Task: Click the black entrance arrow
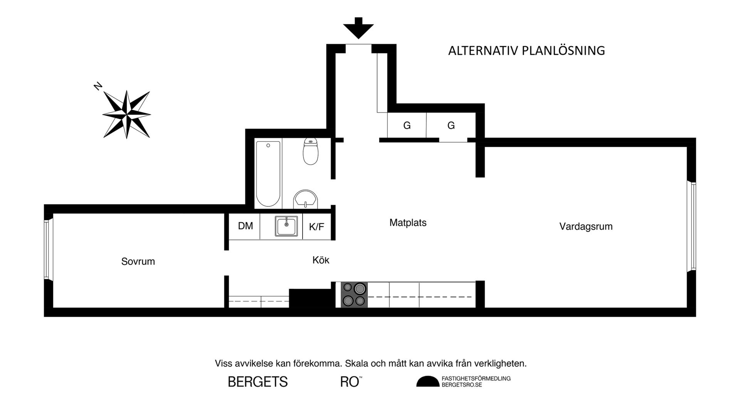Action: pyautogui.click(x=358, y=28)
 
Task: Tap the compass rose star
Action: pyautogui.click(x=126, y=115)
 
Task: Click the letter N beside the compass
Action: pyautogui.click(x=98, y=86)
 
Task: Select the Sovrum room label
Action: pyautogui.click(x=138, y=262)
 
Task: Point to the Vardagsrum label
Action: pyautogui.click(x=586, y=226)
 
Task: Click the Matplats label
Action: pyautogui.click(x=408, y=223)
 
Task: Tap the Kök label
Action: pyautogui.click(x=321, y=260)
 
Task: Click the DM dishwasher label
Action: pyautogui.click(x=246, y=226)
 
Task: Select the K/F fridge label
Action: pyautogui.click(x=316, y=227)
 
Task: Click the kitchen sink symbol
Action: pyautogui.click(x=286, y=226)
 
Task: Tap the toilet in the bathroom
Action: pyautogui.click(x=311, y=151)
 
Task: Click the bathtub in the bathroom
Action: pyautogui.click(x=268, y=174)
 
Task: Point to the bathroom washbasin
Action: pyautogui.click(x=306, y=199)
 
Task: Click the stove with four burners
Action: pyautogui.click(x=354, y=295)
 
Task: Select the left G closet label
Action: pyautogui.click(x=407, y=125)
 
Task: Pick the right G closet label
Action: pyautogui.click(x=451, y=125)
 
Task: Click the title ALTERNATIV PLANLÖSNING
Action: pyautogui.click(x=526, y=51)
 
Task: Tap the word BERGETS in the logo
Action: pyautogui.click(x=258, y=382)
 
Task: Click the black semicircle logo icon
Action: pyautogui.click(x=427, y=381)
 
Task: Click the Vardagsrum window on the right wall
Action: pyautogui.click(x=693, y=226)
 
